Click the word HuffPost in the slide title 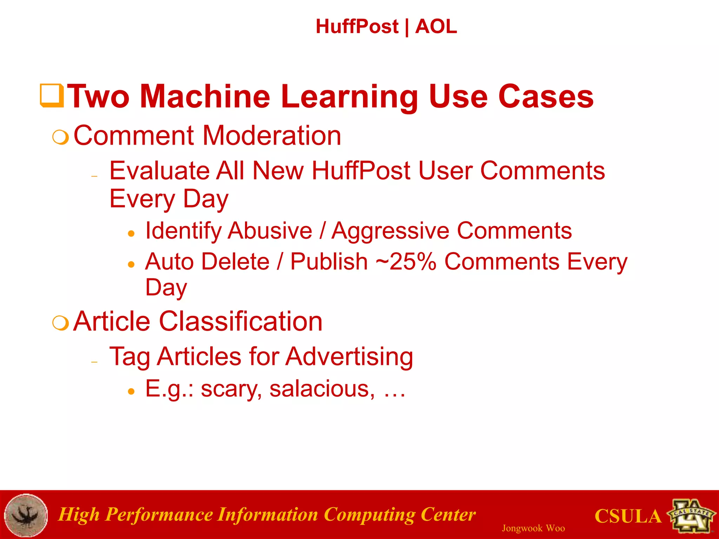pos(357,27)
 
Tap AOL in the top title pos(436,27)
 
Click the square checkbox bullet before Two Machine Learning pos(52,95)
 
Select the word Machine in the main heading pos(205,97)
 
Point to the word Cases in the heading pos(546,97)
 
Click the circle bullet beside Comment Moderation pos(60,137)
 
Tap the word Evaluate pos(159,171)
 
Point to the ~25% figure pos(406,262)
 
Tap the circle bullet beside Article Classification pos(60,323)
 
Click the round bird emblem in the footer pos(26,515)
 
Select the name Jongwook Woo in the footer pos(533,528)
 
